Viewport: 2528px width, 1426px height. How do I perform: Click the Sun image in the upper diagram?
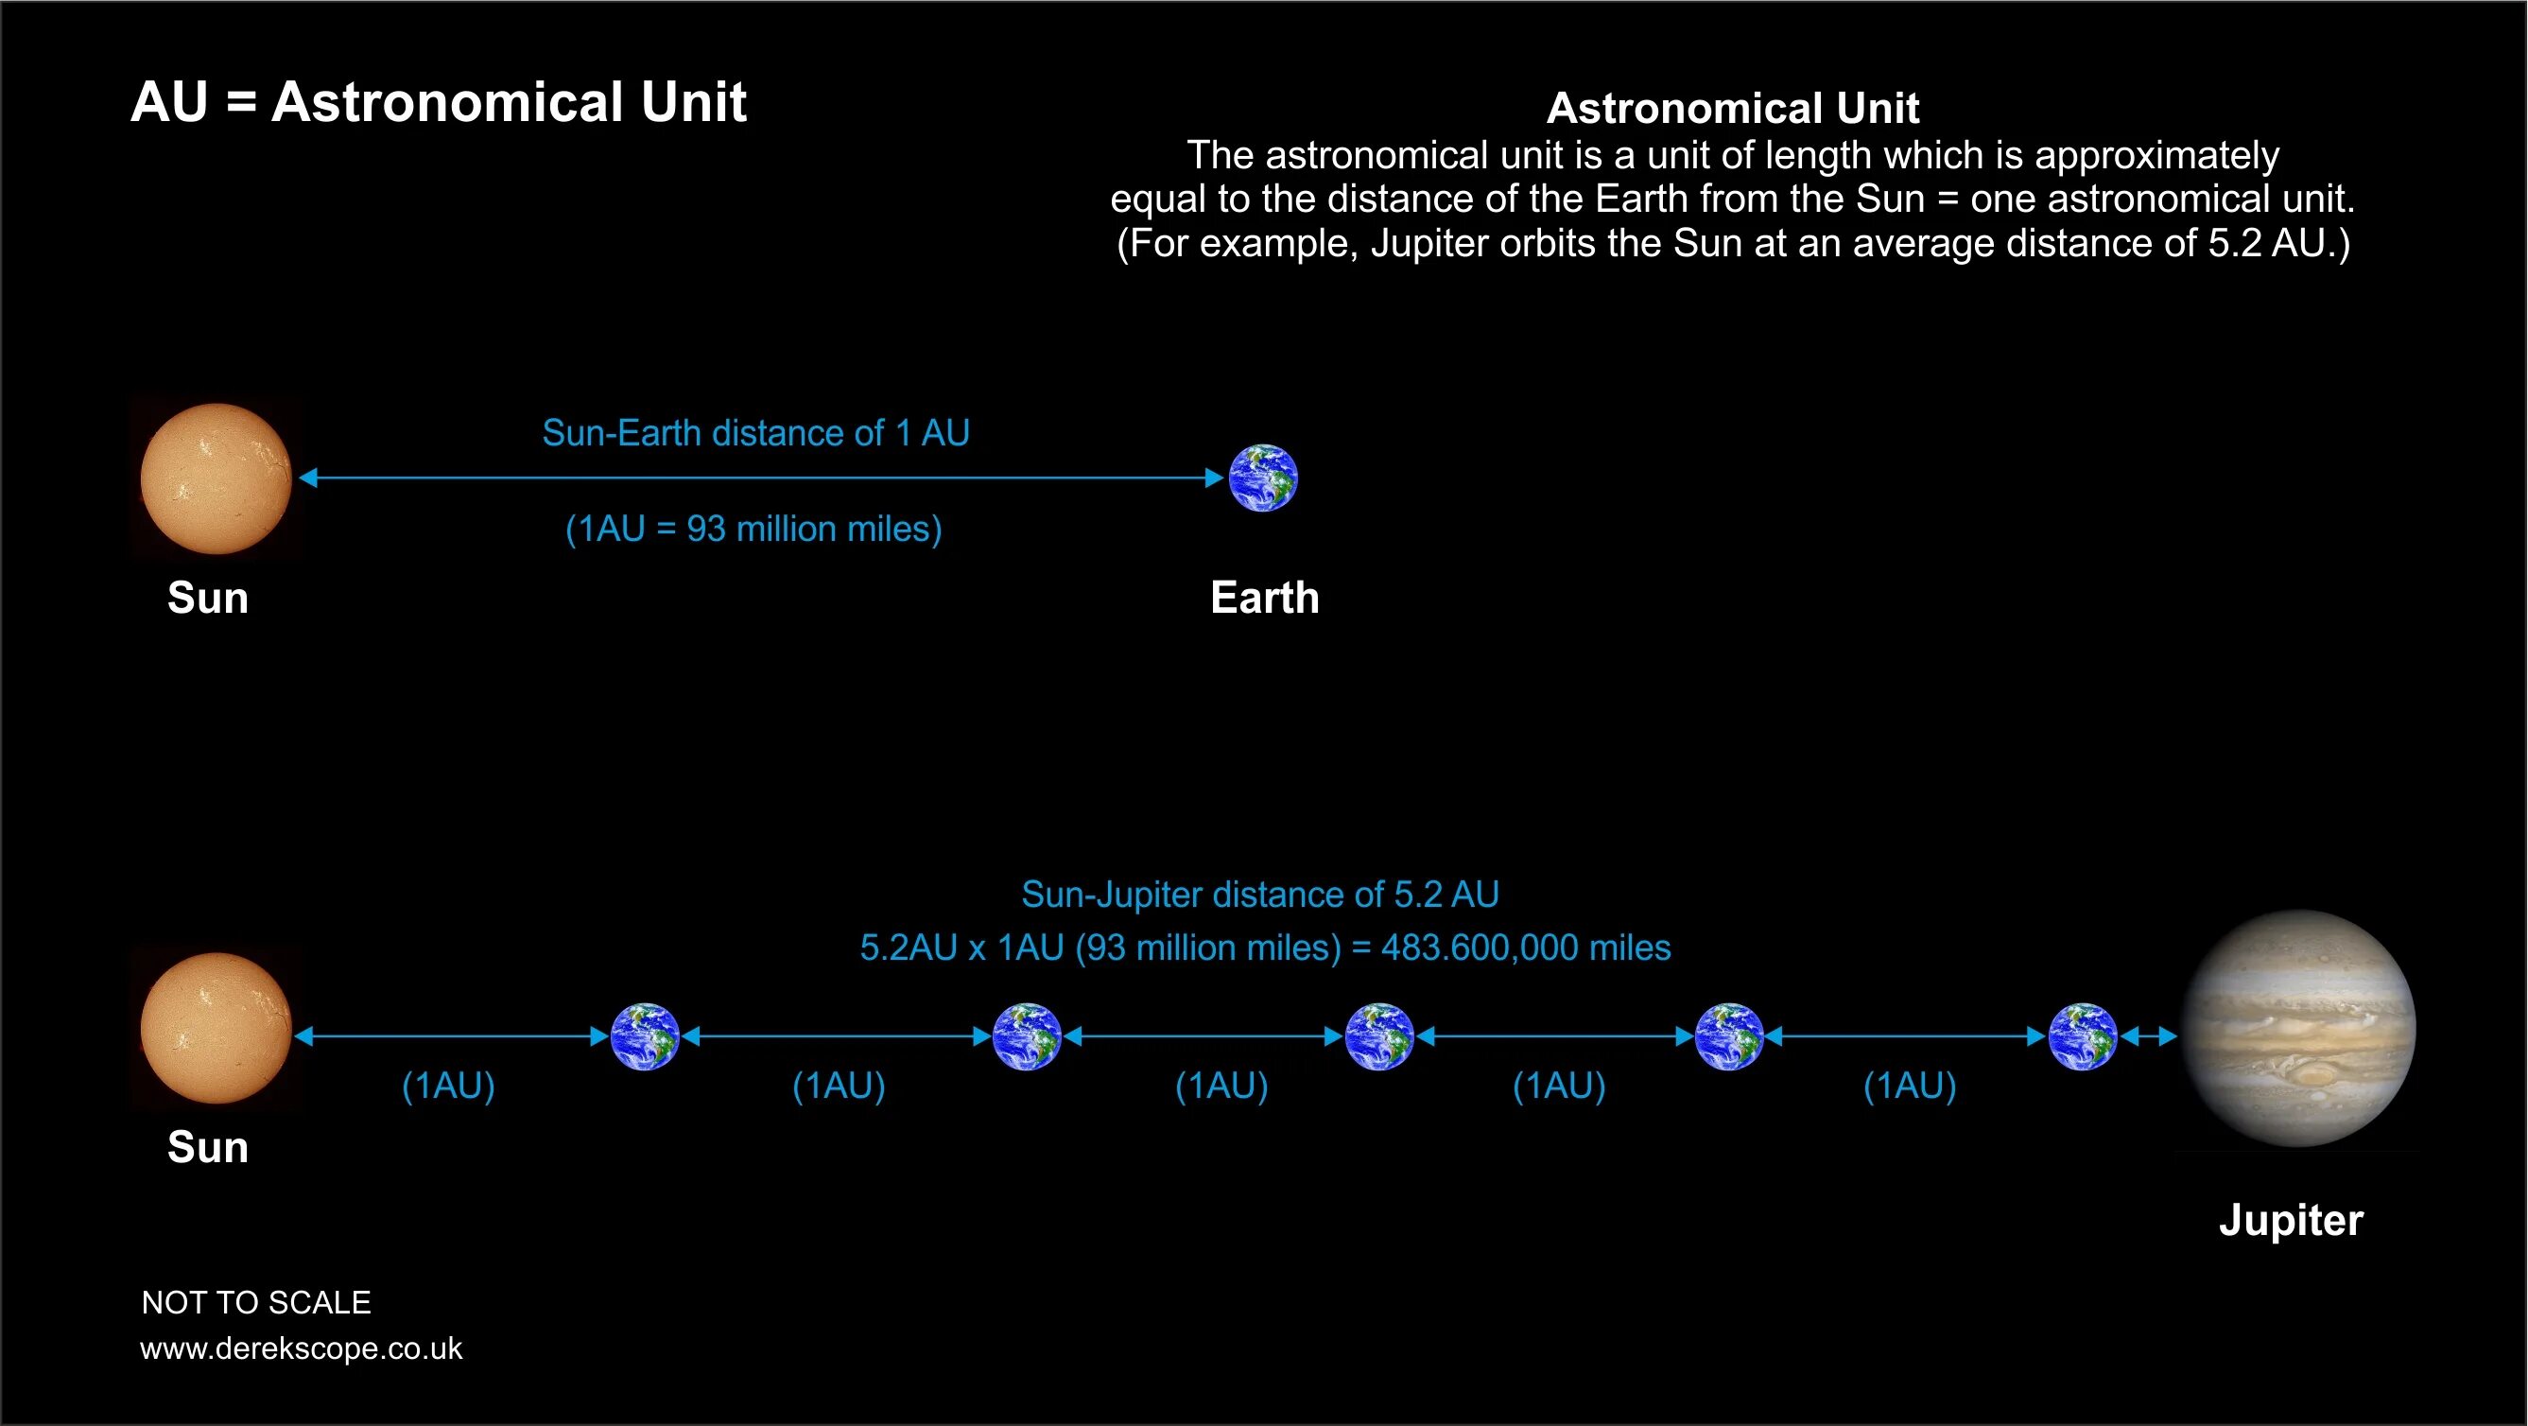(x=216, y=478)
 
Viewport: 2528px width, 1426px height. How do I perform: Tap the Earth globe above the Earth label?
(x=1263, y=478)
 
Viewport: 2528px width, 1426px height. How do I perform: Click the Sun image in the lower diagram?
(x=216, y=1029)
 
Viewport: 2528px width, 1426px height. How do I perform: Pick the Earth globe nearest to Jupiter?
(x=2083, y=1035)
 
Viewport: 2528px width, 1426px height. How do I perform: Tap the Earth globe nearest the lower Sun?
(x=645, y=1035)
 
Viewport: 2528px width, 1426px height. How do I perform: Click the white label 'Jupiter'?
(x=2291, y=1220)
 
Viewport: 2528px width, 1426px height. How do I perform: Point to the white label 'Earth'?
(x=1264, y=598)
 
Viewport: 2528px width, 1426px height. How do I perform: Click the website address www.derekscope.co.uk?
(x=302, y=1348)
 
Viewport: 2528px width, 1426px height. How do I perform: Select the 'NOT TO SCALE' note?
(x=256, y=1302)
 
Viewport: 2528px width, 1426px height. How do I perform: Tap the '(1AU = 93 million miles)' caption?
(x=753, y=529)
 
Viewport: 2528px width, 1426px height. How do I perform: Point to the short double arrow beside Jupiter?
(x=2148, y=1035)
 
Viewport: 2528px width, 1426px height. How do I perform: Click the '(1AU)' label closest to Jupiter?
(x=1910, y=1087)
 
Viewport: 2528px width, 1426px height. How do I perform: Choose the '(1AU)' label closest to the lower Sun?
(x=448, y=1087)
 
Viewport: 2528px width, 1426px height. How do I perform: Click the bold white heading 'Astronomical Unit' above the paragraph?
(x=1732, y=108)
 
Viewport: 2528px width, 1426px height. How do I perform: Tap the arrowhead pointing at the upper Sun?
(x=308, y=478)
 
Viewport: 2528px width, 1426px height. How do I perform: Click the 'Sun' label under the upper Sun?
(x=207, y=598)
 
